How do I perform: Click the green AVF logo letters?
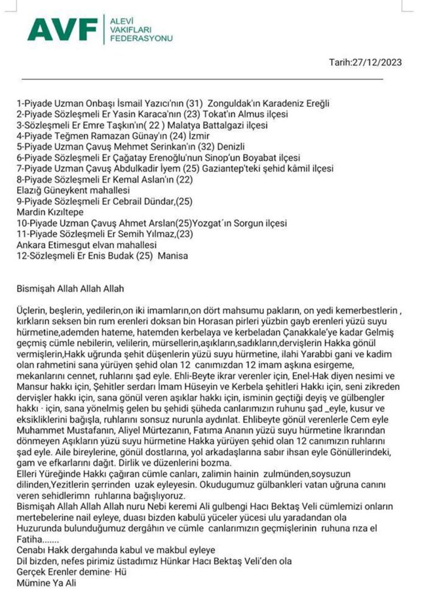(x=62, y=30)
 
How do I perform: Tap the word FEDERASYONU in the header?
(x=138, y=39)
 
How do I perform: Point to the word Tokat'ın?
(x=219, y=114)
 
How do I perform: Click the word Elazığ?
(x=29, y=191)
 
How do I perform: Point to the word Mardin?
(x=29, y=213)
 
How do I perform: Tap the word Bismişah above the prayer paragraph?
(x=36, y=289)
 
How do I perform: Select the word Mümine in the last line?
(x=33, y=584)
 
